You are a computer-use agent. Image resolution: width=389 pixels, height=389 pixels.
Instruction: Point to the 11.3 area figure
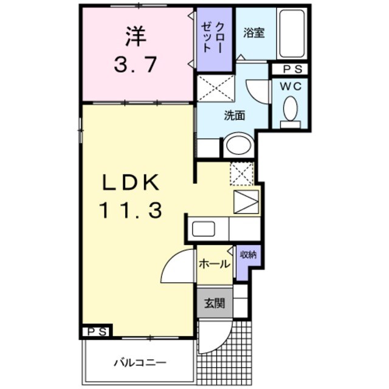[129, 211]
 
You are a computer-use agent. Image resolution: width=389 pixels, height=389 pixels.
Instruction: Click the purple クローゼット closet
[215, 40]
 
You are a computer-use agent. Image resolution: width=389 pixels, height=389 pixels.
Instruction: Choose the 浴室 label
[254, 33]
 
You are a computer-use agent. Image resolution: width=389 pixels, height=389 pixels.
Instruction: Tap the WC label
[290, 86]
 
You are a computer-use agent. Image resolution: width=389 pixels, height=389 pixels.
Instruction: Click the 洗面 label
[234, 115]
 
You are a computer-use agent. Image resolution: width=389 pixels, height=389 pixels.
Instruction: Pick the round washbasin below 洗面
[236, 146]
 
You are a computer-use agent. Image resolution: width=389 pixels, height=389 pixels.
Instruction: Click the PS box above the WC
[290, 69]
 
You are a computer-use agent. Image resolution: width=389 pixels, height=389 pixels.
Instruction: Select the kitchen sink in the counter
[202, 229]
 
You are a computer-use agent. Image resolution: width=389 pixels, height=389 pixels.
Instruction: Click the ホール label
[215, 264]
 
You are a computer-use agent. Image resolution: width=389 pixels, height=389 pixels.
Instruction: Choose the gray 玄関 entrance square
[214, 302]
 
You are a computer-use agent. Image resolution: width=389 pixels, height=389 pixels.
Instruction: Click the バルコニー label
[139, 363]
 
